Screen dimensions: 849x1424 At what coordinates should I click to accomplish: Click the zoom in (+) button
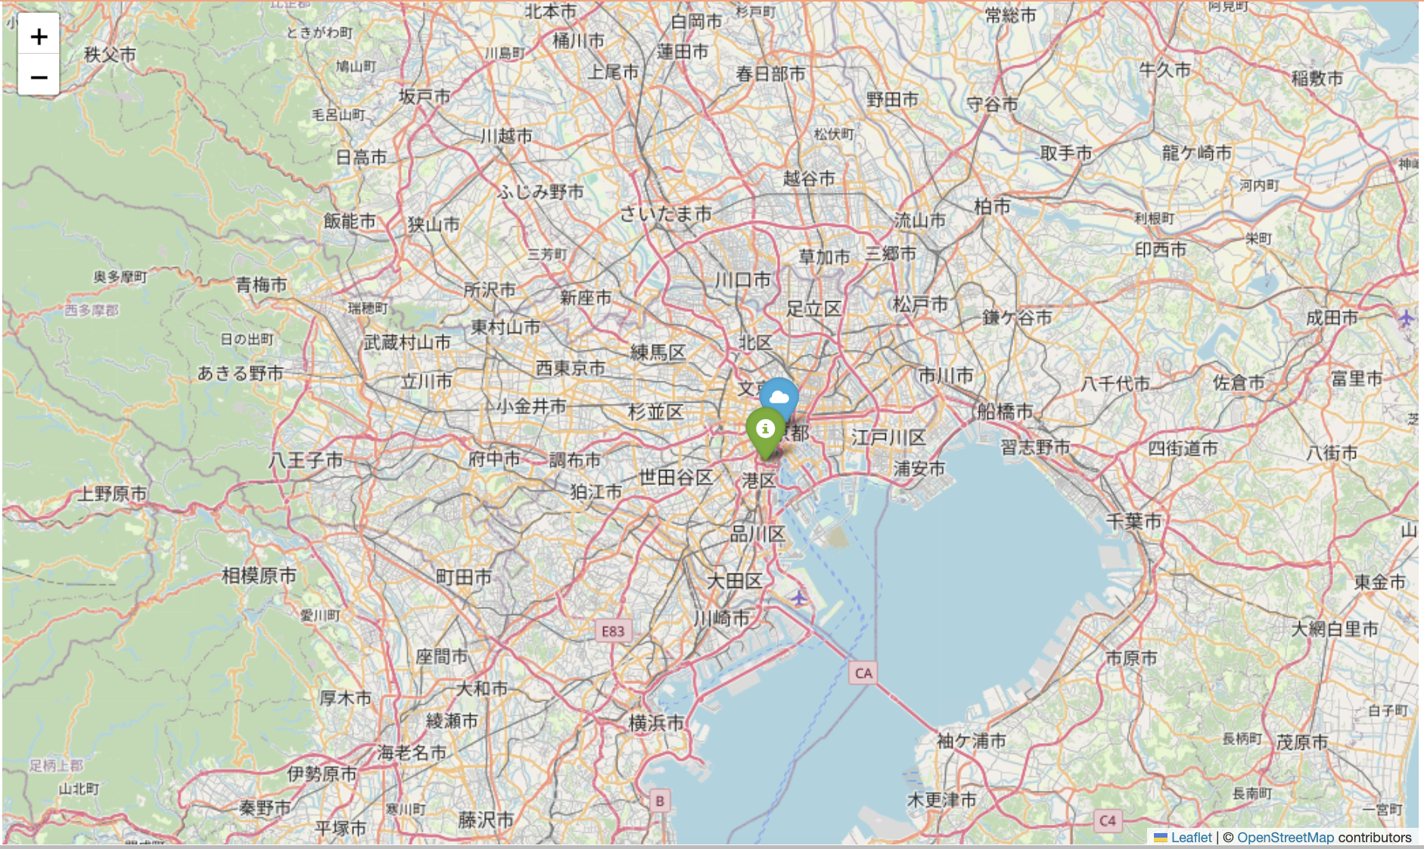click(x=39, y=36)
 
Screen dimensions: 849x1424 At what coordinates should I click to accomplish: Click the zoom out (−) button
click(x=39, y=76)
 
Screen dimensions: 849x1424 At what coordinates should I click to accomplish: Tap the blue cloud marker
click(x=779, y=397)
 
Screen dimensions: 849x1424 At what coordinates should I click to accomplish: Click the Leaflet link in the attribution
click(x=1190, y=837)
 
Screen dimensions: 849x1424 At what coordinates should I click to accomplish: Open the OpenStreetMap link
click(x=1285, y=837)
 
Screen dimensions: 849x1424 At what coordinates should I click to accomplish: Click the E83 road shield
click(x=613, y=631)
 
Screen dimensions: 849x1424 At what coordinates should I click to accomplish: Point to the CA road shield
click(x=863, y=673)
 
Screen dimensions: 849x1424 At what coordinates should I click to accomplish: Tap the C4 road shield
click(x=1107, y=820)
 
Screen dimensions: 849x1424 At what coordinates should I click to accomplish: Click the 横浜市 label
click(x=656, y=723)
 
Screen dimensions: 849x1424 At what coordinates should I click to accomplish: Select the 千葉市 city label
click(x=1133, y=521)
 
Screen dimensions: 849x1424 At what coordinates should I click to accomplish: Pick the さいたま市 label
click(x=665, y=214)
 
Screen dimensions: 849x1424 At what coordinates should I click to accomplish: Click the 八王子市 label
click(x=306, y=459)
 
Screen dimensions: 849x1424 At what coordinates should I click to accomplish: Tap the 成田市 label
click(x=1332, y=318)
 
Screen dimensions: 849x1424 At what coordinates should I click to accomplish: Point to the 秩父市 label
click(x=110, y=54)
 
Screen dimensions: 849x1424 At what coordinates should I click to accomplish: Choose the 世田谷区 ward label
click(x=676, y=477)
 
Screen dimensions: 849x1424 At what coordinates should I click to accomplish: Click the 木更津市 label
click(x=941, y=799)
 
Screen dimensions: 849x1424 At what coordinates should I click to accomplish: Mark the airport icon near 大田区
click(x=799, y=599)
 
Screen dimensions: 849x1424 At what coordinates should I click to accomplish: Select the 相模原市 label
click(x=259, y=575)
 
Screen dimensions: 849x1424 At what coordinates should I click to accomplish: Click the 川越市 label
click(x=506, y=136)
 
